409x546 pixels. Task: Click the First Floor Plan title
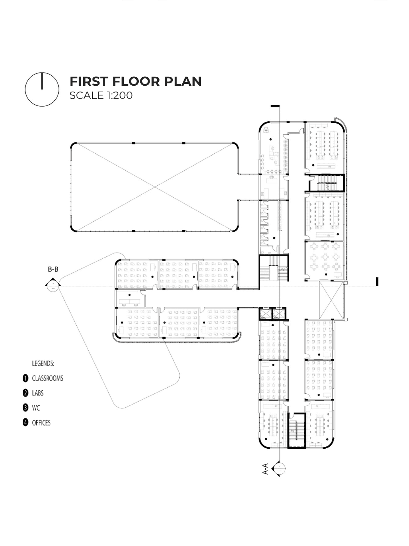pos(135,81)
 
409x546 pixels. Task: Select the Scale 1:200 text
pos(101,95)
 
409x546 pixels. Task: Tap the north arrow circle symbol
pos(42,89)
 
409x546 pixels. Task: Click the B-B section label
pos(53,269)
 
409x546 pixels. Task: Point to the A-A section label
pos(265,469)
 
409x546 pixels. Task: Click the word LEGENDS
pos(43,363)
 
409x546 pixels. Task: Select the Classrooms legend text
pos(48,378)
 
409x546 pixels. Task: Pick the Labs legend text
pos(38,393)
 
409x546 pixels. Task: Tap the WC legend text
pos(36,408)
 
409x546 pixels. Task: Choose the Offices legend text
pos(41,423)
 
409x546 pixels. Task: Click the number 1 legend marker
pos(25,378)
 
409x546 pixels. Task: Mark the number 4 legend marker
pos(25,422)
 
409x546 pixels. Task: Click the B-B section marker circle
pos(53,286)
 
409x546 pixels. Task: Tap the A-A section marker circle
pos(279,469)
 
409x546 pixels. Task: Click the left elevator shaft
pos(265,314)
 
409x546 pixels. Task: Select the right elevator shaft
pos(278,314)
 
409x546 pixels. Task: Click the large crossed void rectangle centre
pos(155,187)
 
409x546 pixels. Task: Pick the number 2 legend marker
pos(25,393)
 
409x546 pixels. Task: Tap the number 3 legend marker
pos(25,408)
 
